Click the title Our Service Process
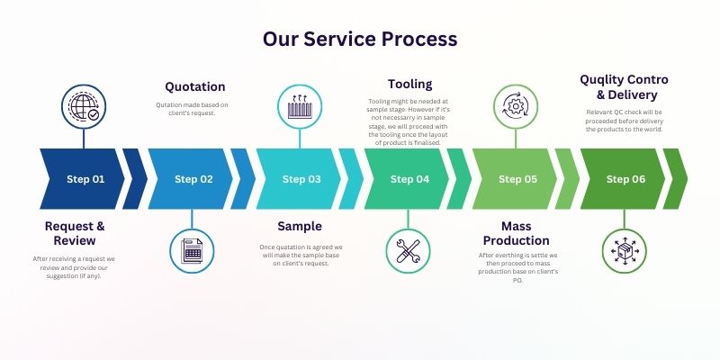click(x=360, y=39)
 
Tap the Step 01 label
click(x=85, y=179)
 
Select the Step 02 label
click(x=193, y=179)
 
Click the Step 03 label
click(x=301, y=179)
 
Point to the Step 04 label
click(x=409, y=179)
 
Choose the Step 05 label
click(x=517, y=179)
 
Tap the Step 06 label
click(x=625, y=179)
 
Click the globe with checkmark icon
click(x=84, y=107)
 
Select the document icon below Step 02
click(x=192, y=249)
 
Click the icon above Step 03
click(x=300, y=107)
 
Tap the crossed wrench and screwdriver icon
click(x=408, y=249)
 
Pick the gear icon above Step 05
click(x=516, y=107)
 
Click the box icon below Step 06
click(x=624, y=249)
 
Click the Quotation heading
click(x=194, y=86)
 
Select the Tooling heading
click(x=409, y=84)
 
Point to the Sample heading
click(x=299, y=226)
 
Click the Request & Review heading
click(x=75, y=233)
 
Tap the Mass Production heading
click(x=516, y=233)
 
